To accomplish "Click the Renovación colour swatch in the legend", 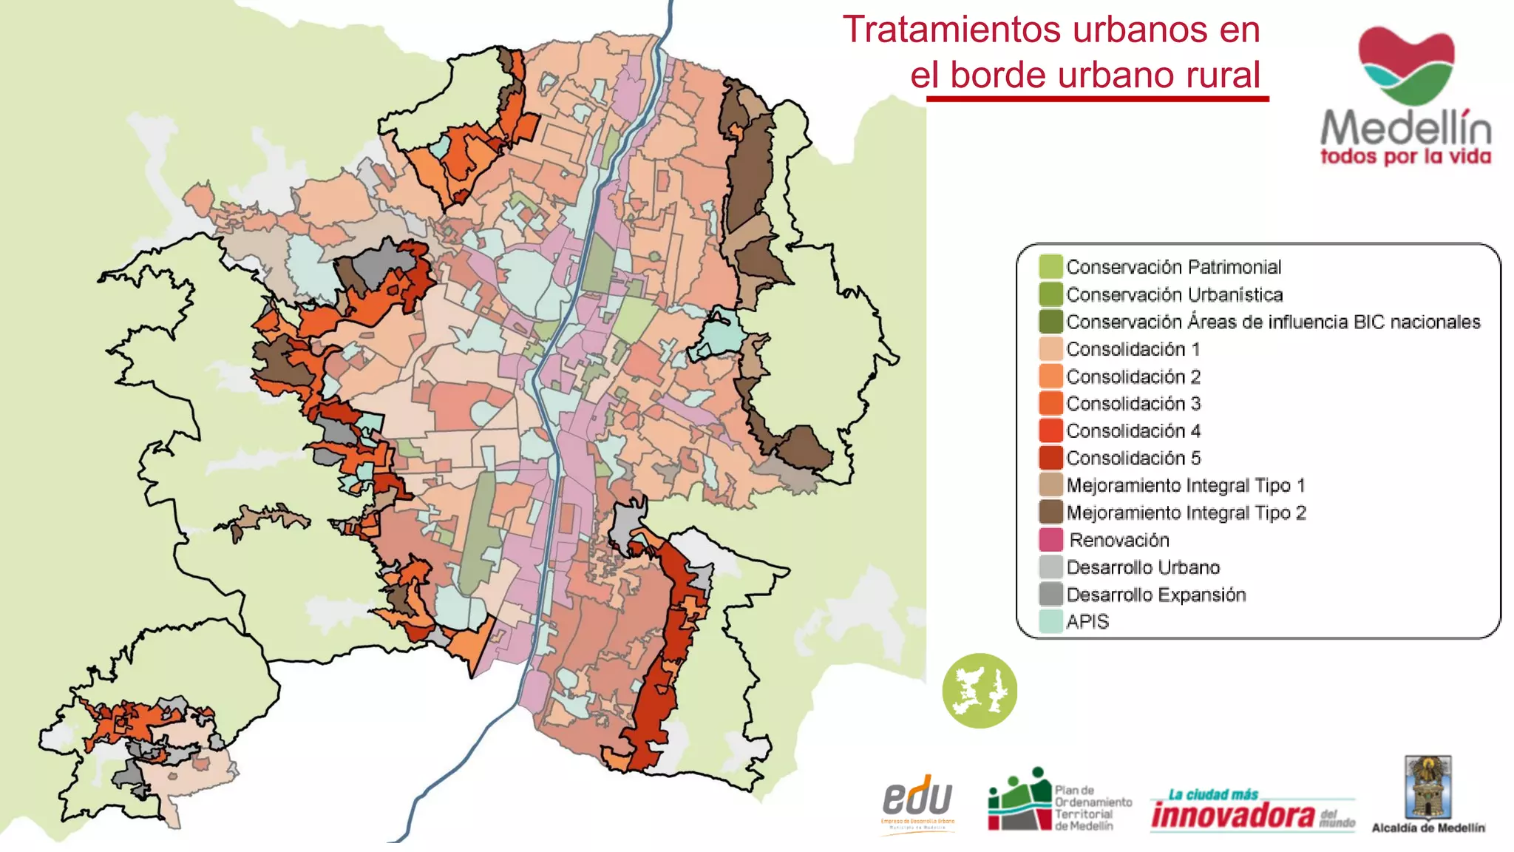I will click(1050, 540).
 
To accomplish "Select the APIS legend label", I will click(1087, 622).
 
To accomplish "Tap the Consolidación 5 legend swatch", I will click(1050, 458).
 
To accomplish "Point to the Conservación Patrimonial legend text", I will click(1173, 267).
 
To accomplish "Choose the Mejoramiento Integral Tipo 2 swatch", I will click(1050, 513).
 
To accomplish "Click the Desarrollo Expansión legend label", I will click(1155, 595).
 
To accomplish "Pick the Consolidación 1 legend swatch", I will click(1050, 349).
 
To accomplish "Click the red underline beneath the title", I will click(1097, 98).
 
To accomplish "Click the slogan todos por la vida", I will click(1405, 157).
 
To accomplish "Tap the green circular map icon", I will click(980, 691).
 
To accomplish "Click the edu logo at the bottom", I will click(917, 800).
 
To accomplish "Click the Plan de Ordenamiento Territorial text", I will click(1092, 808).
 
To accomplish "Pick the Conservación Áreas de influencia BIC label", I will click(1272, 322).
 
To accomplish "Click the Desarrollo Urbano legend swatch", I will click(1050, 567).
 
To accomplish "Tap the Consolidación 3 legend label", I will click(1133, 404).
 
